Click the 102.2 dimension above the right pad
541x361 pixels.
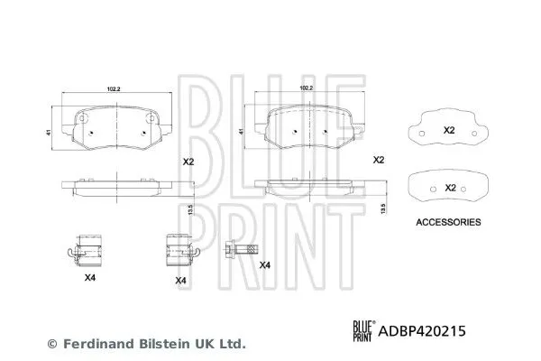306,88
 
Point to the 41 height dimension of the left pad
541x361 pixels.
38,133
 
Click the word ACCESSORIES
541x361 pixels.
448,221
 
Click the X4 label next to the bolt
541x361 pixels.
263,264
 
